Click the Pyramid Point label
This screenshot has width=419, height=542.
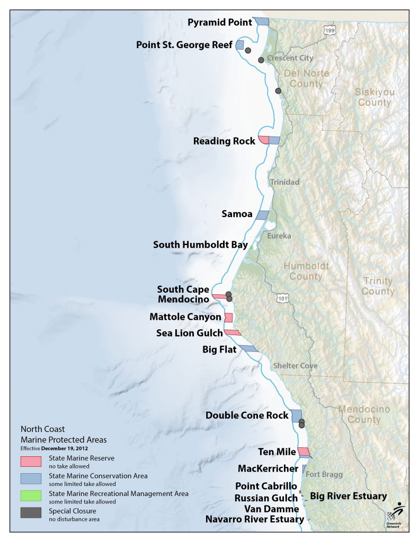[220, 22]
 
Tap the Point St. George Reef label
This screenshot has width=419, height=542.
[184, 45]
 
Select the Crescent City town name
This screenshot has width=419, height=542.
[290, 58]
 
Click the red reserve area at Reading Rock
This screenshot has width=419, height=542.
[263, 140]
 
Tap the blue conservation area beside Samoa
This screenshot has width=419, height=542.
[262, 215]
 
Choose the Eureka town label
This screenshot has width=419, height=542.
[279, 236]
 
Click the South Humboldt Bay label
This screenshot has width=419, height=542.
[199, 245]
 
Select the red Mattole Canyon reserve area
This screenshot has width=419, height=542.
[229, 318]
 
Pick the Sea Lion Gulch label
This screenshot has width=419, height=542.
[189, 333]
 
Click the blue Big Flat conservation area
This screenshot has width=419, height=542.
[248, 349]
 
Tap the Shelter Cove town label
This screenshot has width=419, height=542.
[296, 366]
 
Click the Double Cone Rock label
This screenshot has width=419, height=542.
[247, 415]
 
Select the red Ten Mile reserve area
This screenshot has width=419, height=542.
[304, 451]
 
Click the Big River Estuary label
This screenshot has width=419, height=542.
[348, 496]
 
